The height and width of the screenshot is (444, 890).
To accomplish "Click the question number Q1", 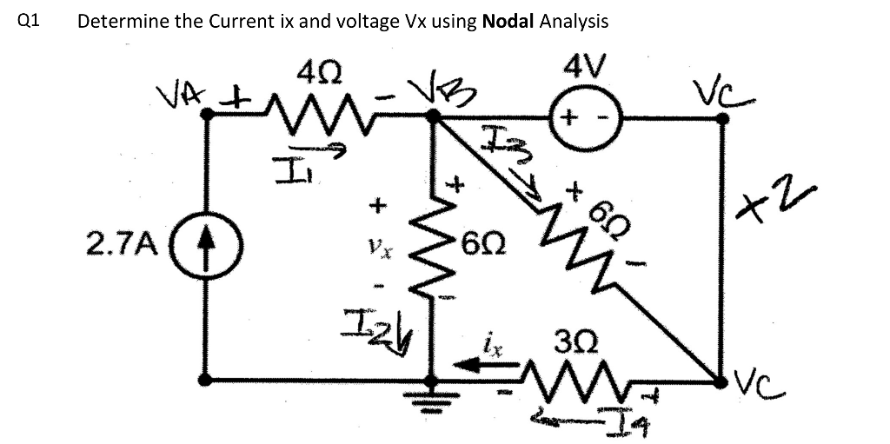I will (x=28, y=22).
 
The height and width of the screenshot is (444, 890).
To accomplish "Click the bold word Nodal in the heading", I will (x=507, y=22).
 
